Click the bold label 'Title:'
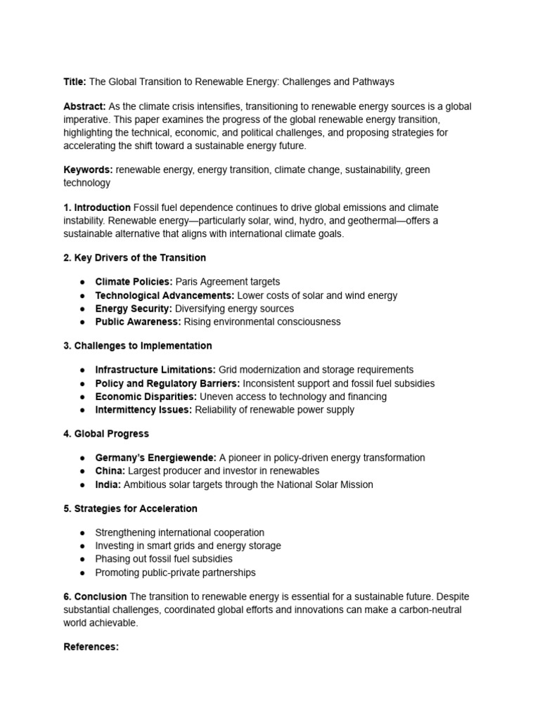click(75, 82)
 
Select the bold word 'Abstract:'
click(84, 107)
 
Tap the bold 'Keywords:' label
click(88, 169)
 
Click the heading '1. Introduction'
click(97, 207)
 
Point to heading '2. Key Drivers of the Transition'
click(134, 258)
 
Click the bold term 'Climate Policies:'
click(134, 282)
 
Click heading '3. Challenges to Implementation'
click(137, 346)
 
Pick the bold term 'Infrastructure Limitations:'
click(155, 370)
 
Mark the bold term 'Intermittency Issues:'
click(143, 410)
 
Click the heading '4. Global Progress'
click(105, 434)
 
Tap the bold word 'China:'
click(110, 471)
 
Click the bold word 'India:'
click(108, 484)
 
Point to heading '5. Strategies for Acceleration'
click(130, 508)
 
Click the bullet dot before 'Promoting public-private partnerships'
click(83, 573)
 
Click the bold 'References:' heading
click(91, 647)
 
